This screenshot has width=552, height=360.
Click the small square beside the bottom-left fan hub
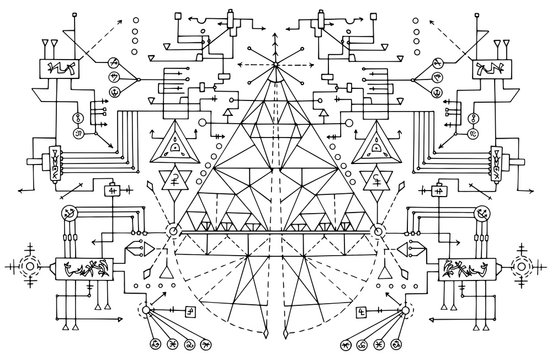190,311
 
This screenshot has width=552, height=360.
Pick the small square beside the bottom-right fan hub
363,311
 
